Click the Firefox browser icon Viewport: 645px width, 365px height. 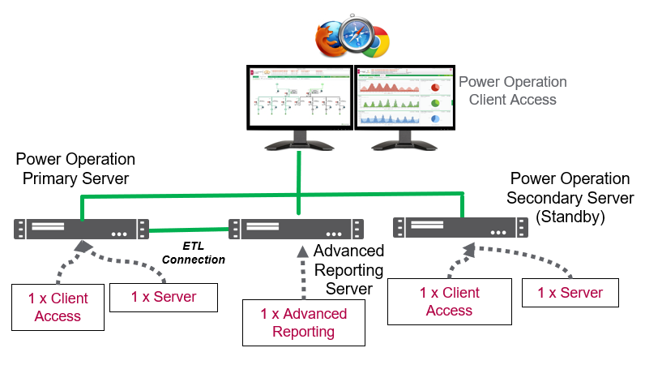330,38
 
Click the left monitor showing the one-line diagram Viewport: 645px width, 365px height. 299,98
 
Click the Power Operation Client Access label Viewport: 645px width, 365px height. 512,91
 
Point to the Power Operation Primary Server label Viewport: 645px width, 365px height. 75,168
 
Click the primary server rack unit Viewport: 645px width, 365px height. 81,229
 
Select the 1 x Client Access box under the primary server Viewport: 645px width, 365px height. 58,307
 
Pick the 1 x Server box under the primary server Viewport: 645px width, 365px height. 164,297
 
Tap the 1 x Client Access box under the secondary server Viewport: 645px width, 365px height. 449,302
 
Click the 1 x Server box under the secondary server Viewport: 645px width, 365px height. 570,292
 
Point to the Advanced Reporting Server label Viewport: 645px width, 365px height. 348,270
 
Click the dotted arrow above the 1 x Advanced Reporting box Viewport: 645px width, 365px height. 301,271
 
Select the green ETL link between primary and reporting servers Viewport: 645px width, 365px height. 189,230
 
